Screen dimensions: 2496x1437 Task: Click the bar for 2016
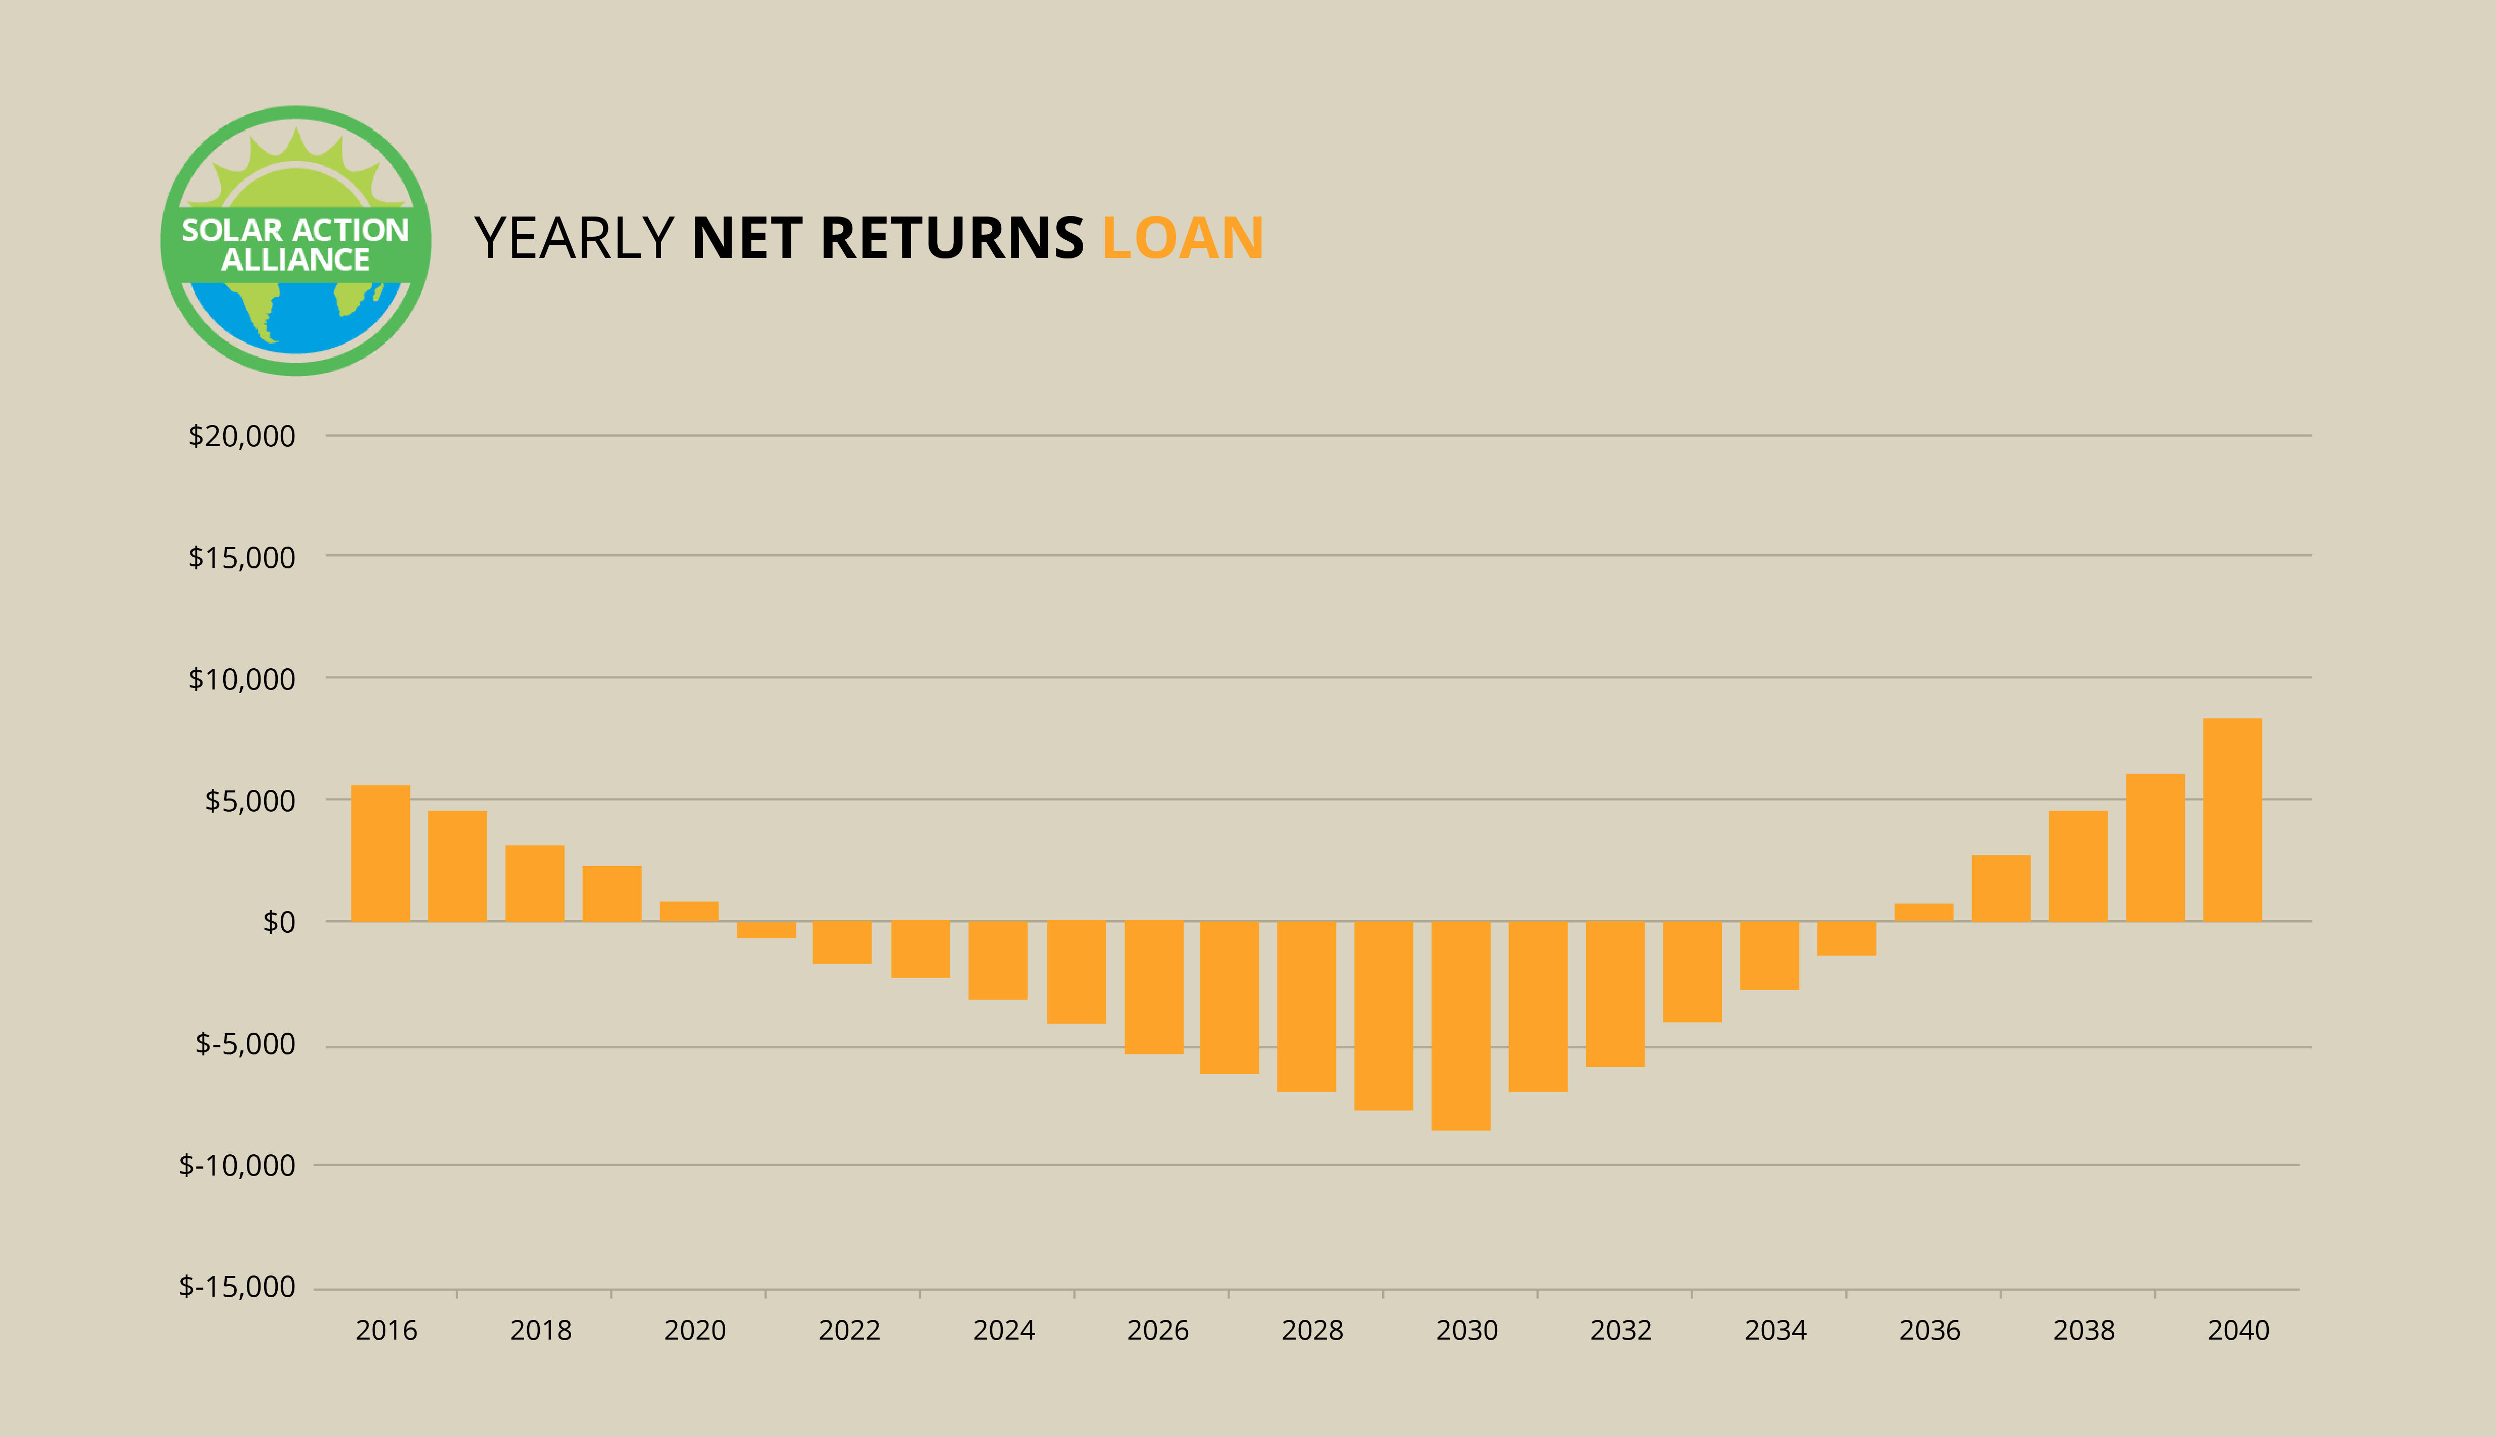tap(380, 853)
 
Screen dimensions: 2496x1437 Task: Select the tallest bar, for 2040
tap(2232, 819)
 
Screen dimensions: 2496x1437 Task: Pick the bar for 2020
tap(689, 911)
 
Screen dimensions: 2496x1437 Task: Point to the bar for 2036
tap(1923, 912)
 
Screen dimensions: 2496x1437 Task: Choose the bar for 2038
tap(2078, 866)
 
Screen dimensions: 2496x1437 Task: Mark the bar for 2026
tap(1154, 987)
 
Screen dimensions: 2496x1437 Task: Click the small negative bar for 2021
tap(766, 929)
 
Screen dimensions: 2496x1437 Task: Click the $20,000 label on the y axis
tap(242, 436)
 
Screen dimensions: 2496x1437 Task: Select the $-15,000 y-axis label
tap(237, 1287)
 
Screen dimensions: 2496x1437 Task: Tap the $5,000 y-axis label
tap(250, 801)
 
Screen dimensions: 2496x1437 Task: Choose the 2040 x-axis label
tap(2238, 1330)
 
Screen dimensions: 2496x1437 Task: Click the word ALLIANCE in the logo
tap(295, 259)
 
